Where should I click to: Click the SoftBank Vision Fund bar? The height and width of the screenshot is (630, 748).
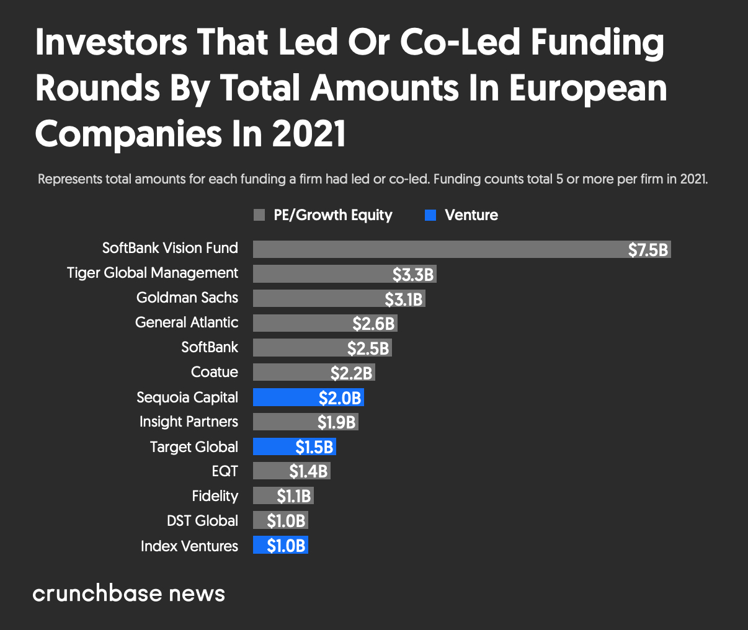(x=434, y=249)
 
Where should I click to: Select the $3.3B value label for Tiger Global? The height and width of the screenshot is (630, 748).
(x=412, y=274)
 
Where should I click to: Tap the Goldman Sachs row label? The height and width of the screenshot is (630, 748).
(x=187, y=298)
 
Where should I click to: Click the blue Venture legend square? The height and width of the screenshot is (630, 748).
(x=430, y=215)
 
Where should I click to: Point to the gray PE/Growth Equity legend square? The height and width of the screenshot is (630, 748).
(x=259, y=215)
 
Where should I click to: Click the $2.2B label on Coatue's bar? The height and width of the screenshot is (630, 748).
(x=351, y=373)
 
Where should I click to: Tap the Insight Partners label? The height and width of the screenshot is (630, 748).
(x=189, y=422)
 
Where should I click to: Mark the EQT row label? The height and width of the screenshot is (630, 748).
(x=225, y=471)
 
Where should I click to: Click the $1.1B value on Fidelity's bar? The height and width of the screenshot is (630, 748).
(x=293, y=496)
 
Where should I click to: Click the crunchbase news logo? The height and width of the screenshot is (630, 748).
(x=128, y=593)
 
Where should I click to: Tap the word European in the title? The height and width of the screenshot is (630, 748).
(x=588, y=88)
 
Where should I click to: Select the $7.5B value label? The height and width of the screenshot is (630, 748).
(x=648, y=250)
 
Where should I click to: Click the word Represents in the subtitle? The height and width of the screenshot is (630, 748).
(x=70, y=180)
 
